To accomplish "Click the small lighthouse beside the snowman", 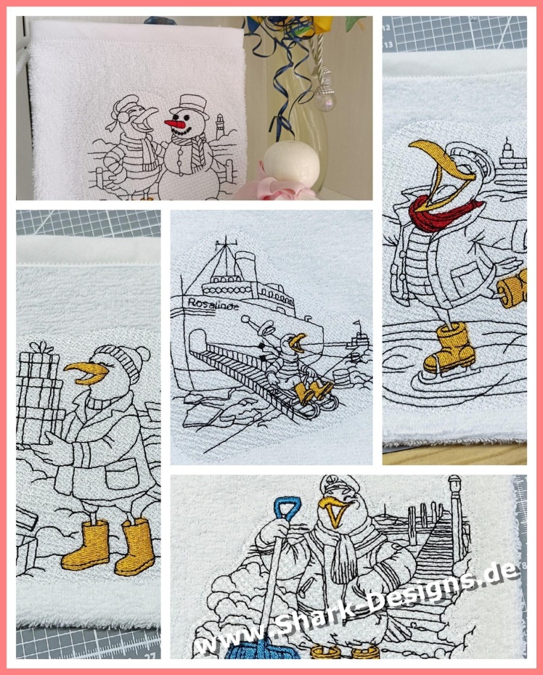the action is point(220,126).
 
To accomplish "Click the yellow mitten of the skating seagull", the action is point(513,287).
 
